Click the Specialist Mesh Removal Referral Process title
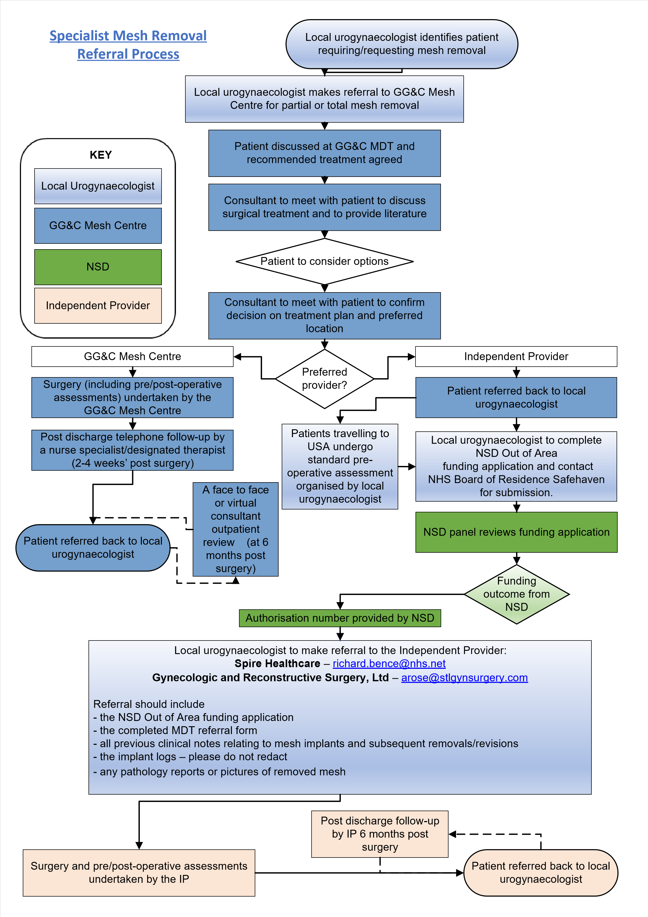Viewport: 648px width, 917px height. (128, 45)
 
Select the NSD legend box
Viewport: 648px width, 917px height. (98, 267)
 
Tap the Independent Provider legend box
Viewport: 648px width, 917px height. (98, 306)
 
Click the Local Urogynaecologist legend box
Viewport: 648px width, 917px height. (98, 186)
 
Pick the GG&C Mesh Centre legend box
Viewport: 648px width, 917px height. (98, 226)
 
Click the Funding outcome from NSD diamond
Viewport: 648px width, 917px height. (516, 594)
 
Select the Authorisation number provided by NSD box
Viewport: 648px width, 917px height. (340, 618)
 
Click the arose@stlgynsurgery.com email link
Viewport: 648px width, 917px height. (464, 678)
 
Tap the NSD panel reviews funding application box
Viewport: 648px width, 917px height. (516, 532)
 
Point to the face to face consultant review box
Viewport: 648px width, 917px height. (235, 529)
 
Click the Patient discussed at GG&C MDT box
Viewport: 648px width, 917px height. (324, 153)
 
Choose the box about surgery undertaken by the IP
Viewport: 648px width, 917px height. (139, 873)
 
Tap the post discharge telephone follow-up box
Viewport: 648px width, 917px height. (132, 450)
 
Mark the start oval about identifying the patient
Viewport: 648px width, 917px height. (402, 44)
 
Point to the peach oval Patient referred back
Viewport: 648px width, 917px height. (541, 873)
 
